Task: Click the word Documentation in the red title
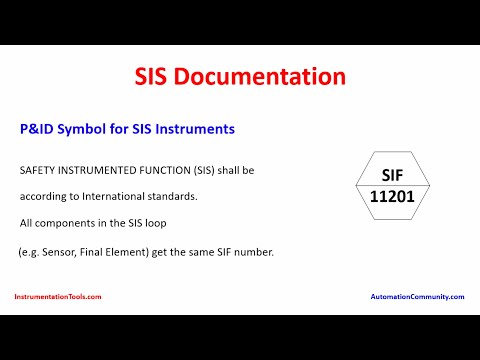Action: tap(276, 76)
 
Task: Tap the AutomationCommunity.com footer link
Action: tap(418, 297)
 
